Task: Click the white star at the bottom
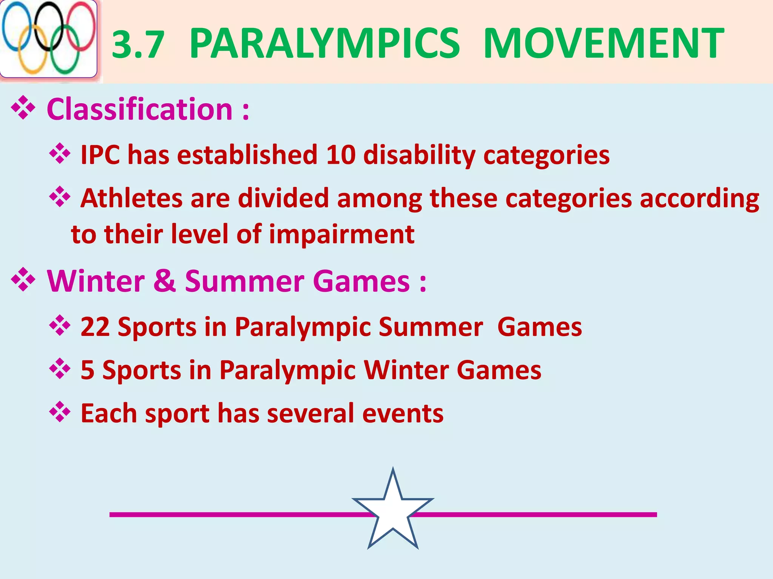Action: [x=393, y=513]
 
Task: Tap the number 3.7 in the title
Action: [x=139, y=45]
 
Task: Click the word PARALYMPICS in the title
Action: [x=325, y=43]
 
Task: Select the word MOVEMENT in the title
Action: [x=603, y=43]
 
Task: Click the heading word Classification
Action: [x=140, y=109]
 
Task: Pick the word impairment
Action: [x=342, y=234]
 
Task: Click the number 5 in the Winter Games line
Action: [x=88, y=370]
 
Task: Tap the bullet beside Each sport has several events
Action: [x=60, y=412]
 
